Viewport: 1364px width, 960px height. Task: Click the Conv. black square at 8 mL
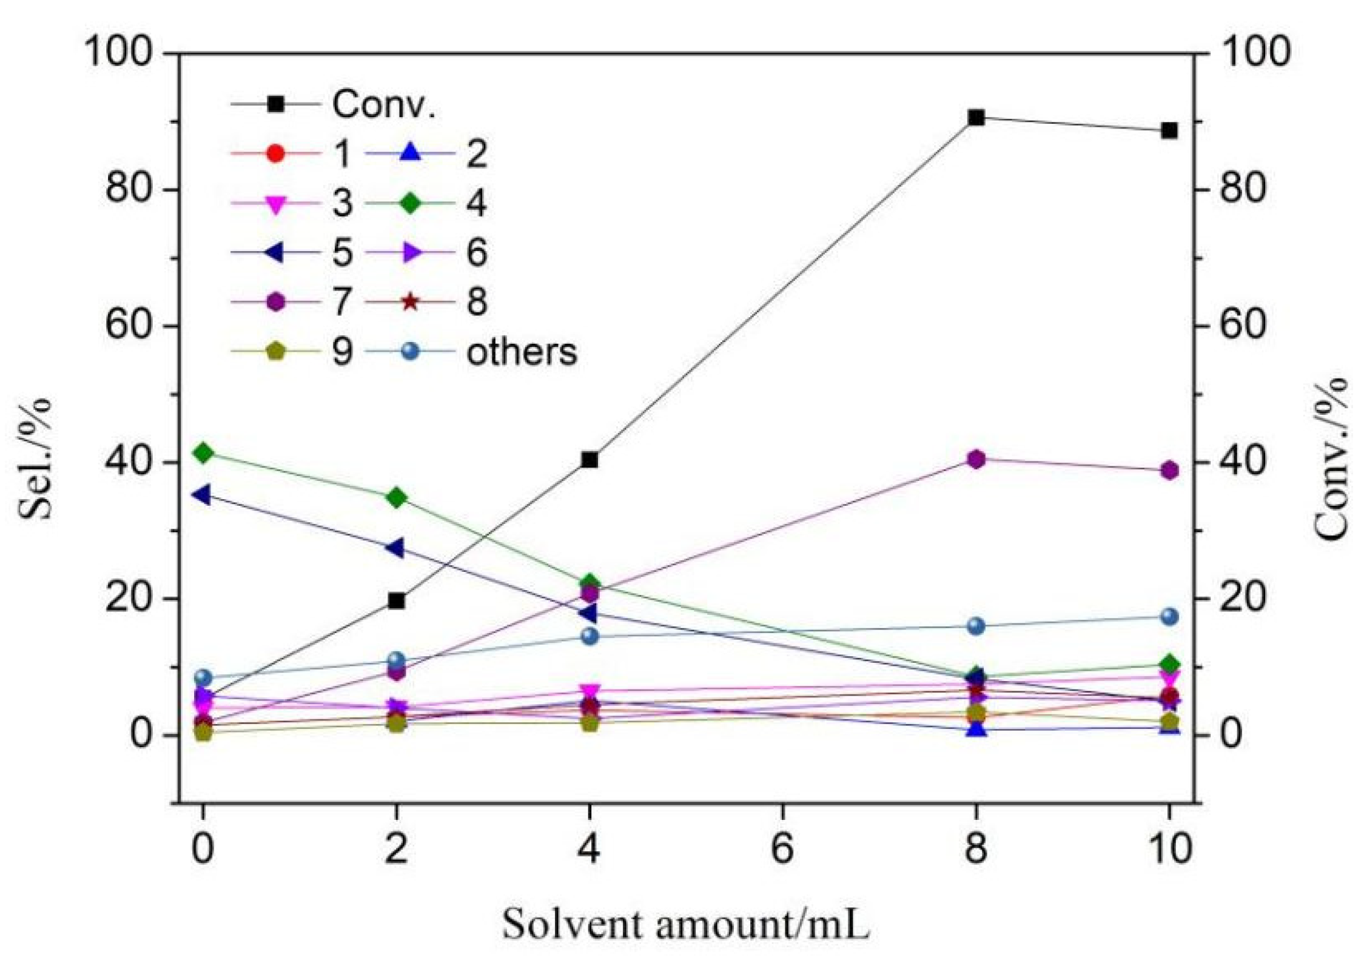coord(975,118)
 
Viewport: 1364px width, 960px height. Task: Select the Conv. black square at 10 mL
coord(1169,131)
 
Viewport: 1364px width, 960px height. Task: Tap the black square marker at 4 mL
coord(589,460)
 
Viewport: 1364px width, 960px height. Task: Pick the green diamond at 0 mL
coord(203,452)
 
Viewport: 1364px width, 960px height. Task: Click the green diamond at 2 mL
coord(397,498)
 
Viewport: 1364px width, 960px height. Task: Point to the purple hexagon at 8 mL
coord(975,459)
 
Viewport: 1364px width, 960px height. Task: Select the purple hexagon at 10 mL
coord(1169,471)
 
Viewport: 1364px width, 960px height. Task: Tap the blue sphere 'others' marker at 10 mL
coord(1169,617)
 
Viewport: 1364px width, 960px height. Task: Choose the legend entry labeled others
coord(521,352)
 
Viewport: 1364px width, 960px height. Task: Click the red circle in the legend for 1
coord(276,153)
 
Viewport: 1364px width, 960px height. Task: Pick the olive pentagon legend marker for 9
coord(276,352)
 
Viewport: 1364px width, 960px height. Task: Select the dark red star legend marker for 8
coord(411,302)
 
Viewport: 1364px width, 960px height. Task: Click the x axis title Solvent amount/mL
coord(685,924)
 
